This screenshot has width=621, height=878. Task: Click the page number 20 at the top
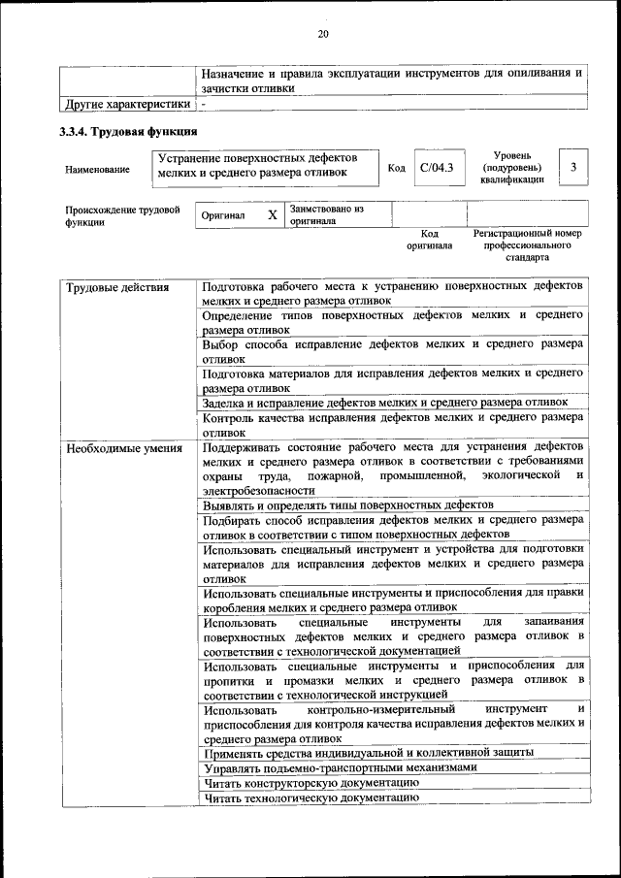(x=323, y=36)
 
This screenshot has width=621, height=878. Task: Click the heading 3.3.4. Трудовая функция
(x=129, y=131)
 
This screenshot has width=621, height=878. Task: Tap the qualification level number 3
(x=573, y=168)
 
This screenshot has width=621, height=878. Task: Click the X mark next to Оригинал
(x=273, y=214)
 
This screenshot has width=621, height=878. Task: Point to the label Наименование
(x=97, y=170)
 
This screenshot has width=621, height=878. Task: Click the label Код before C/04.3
(x=396, y=168)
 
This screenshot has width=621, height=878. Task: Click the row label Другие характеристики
(x=126, y=103)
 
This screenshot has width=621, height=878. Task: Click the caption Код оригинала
(x=429, y=240)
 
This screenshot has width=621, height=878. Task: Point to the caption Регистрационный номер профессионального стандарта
(x=527, y=246)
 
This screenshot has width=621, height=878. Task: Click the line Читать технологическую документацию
(x=310, y=797)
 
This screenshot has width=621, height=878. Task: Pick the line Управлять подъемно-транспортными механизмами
(x=341, y=766)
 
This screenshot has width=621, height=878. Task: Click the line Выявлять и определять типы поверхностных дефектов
(x=349, y=505)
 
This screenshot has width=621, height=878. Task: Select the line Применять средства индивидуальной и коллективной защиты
(x=369, y=752)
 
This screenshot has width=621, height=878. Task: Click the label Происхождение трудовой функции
(x=122, y=214)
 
